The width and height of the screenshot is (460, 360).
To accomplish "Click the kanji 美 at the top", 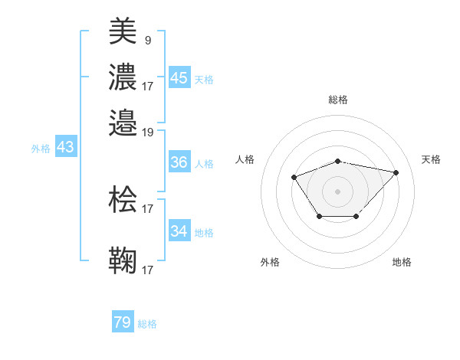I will (x=123, y=32).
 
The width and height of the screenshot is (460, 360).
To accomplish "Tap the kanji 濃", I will (x=123, y=78).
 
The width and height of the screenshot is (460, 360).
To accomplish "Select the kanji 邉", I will (x=123, y=123).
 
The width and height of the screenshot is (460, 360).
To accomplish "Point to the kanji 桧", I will (x=123, y=201).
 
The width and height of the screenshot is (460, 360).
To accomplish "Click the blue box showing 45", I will (x=179, y=78).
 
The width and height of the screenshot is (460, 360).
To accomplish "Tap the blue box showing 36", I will (x=179, y=162).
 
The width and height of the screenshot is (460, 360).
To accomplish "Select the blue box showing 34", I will (x=179, y=231).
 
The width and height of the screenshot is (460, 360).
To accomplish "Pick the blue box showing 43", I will (x=65, y=147).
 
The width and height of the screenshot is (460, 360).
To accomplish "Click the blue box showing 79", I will (x=123, y=322).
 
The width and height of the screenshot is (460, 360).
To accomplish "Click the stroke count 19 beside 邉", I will (x=148, y=132).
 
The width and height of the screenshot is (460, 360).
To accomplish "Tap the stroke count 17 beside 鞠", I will (x=148, y=270).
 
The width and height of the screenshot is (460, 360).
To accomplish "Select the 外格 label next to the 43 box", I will (x=41, y=149).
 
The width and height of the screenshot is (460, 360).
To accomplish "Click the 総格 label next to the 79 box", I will (x=147, y=324).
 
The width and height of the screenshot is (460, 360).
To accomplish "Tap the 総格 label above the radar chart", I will (x=338, y=100).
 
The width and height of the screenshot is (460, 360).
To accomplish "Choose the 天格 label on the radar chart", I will (x=432, y=159).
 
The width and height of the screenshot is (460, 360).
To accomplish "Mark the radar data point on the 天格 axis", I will (x=396, y=172).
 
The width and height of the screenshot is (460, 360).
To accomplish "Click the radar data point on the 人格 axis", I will (x=294, y=178).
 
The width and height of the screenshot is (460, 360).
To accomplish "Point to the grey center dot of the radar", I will (x=338, y=191).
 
